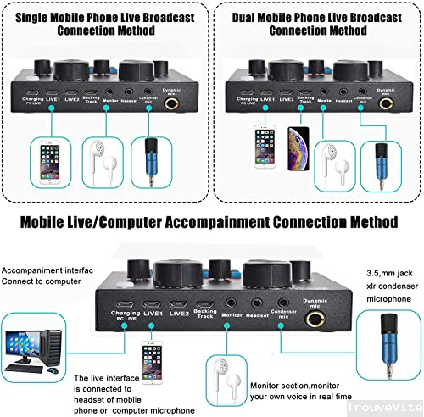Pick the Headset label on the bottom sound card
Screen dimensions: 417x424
(x=257, y=315)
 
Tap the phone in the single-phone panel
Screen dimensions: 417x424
(x=47, y=162)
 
